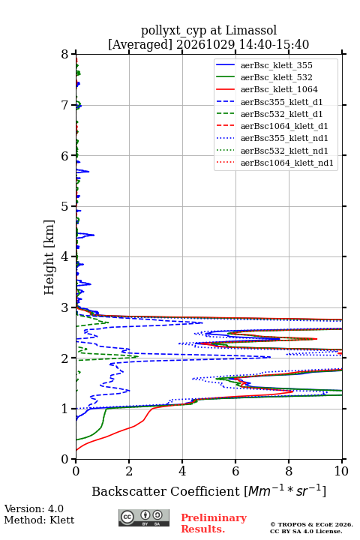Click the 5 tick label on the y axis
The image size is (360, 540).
(65, 206)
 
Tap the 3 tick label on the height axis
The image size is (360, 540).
(65, 307)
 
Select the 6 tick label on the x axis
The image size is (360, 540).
(235, 471)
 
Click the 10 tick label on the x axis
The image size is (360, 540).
(341, 471)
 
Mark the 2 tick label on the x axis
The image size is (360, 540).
(129, 471)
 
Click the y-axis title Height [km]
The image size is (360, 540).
(49, 257)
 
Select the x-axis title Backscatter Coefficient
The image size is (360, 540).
(166, 491)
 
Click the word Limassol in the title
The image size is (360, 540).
(251, 30)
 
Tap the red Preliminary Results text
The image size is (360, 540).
(214, 523)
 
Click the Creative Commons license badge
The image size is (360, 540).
(144, 517)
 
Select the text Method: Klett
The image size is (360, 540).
(39, 520)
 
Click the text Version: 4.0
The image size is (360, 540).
(34, 508)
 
